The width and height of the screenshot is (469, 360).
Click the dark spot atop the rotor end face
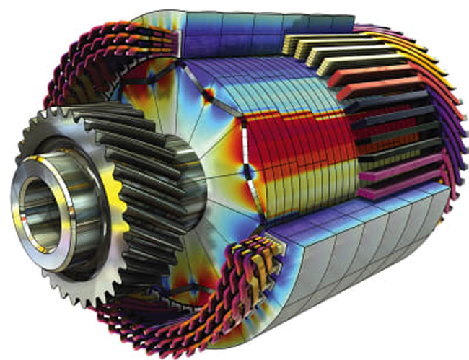click(x=209, y=95)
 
